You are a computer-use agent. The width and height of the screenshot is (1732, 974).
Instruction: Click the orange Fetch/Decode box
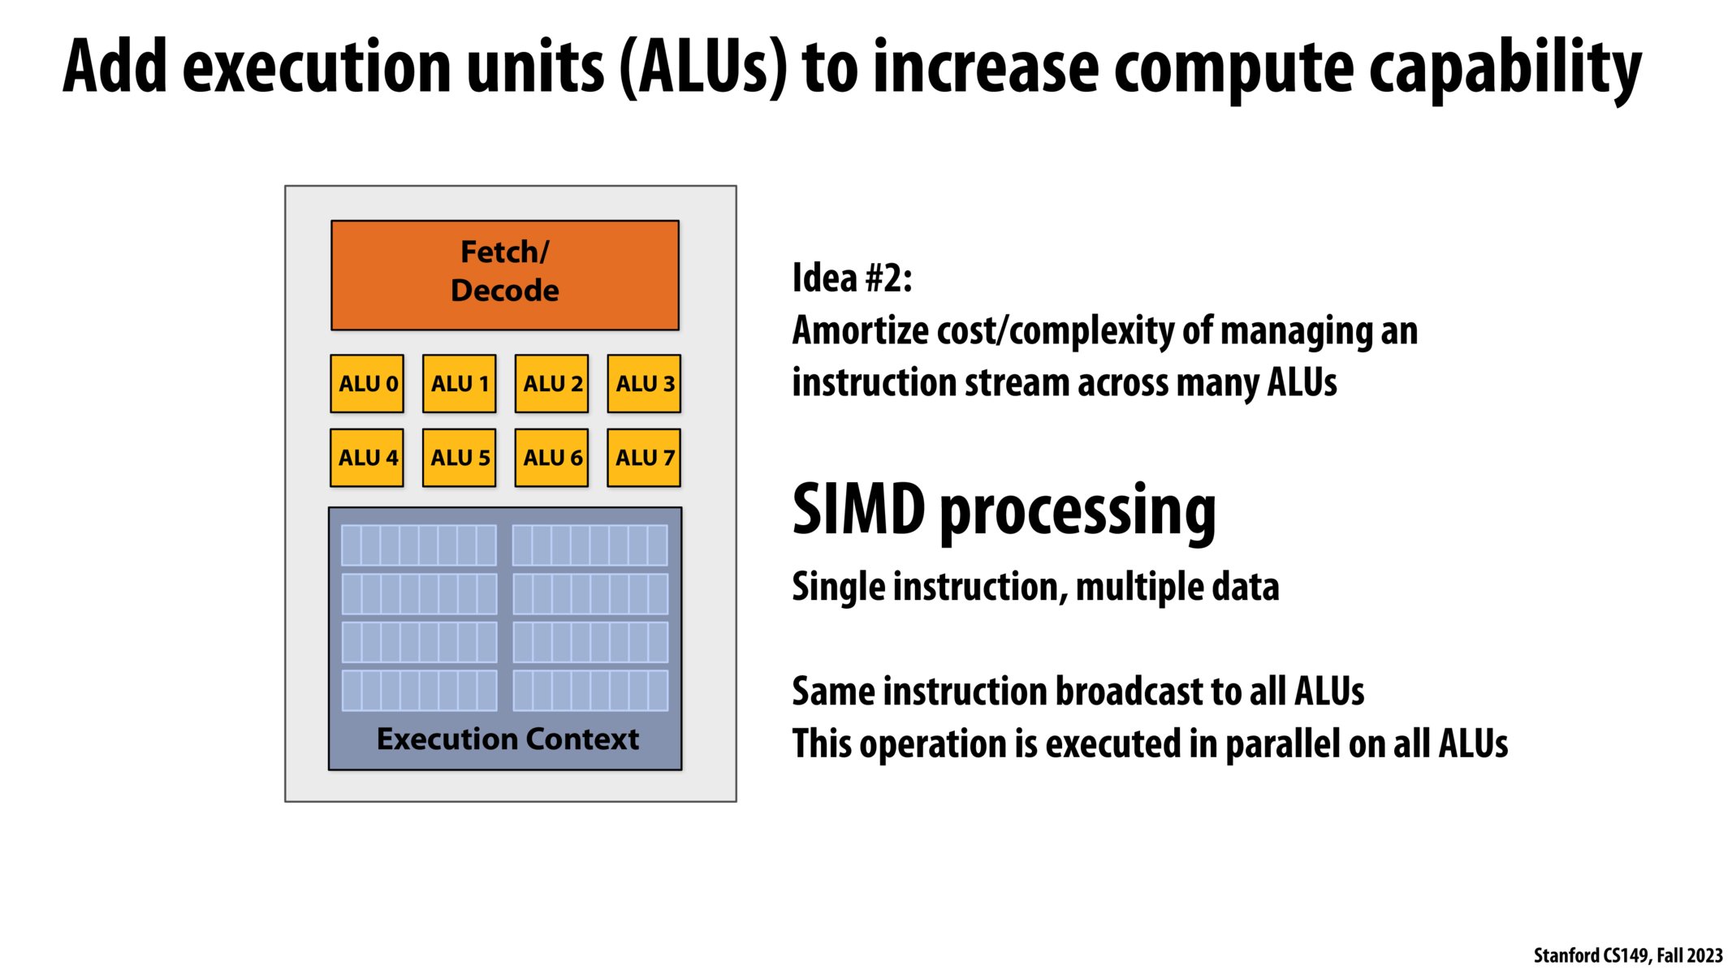504,274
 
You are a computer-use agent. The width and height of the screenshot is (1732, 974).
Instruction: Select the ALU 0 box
367,383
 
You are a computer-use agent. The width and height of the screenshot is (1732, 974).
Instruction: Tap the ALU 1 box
459,383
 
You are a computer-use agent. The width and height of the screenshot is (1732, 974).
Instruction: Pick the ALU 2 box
551,383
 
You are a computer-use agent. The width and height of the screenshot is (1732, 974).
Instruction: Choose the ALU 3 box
644,383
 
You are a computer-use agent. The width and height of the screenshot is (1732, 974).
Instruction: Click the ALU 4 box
367,458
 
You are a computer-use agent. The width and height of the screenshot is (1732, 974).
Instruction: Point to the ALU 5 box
459,458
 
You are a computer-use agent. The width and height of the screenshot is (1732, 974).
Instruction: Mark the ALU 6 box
551,458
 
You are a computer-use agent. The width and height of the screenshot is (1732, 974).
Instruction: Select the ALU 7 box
644,458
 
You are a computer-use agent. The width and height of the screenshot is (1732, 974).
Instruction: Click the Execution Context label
508,739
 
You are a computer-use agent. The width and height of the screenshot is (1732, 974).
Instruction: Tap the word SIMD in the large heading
858,510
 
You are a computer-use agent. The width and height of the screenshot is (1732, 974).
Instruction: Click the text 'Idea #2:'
852,278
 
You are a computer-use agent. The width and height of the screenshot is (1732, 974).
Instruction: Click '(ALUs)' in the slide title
703,68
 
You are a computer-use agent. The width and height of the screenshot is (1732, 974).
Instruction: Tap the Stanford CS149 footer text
1627,955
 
